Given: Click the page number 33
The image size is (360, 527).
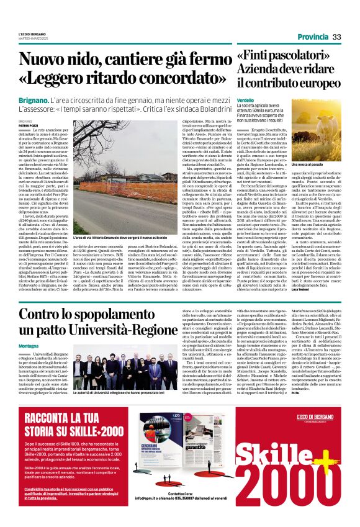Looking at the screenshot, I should coord(336,37).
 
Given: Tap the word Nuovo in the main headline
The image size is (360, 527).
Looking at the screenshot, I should coord(45,60).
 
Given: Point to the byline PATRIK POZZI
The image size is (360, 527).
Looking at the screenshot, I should coord(28,125).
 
